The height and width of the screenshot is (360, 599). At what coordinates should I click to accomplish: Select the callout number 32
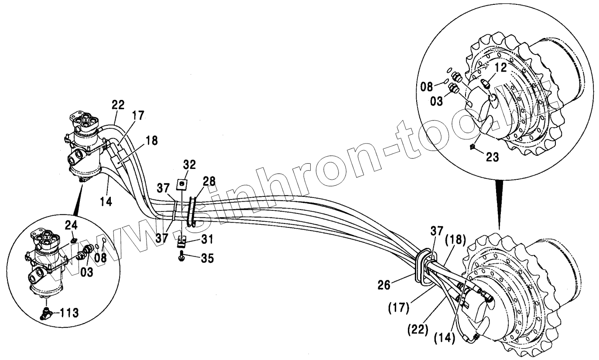coord(189,165)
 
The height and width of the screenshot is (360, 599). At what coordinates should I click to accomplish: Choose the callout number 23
coord(493,157)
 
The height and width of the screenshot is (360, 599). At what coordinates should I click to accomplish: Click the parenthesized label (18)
coord(455,239)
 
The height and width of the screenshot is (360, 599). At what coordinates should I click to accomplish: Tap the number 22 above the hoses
coord(118,105)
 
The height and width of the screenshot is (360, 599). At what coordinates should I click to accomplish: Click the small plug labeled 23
coord(472,147)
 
